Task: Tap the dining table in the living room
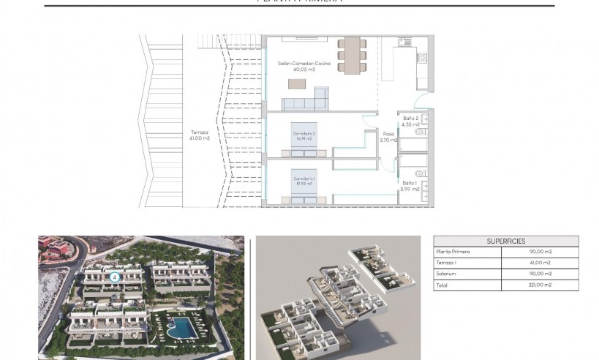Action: [352, 54]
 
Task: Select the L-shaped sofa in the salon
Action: [307, 101]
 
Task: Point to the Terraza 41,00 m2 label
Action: [200, 135]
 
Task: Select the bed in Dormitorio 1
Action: [305, 181]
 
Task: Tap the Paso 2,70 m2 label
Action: [389, 137]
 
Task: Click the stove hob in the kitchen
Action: [422, 57]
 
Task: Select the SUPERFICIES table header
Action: [505, 241]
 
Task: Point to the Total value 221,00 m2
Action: [540, 285]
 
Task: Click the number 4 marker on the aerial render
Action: [114, 277]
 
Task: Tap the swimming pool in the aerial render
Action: [177, 326]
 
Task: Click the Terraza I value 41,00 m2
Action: [540, 263]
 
